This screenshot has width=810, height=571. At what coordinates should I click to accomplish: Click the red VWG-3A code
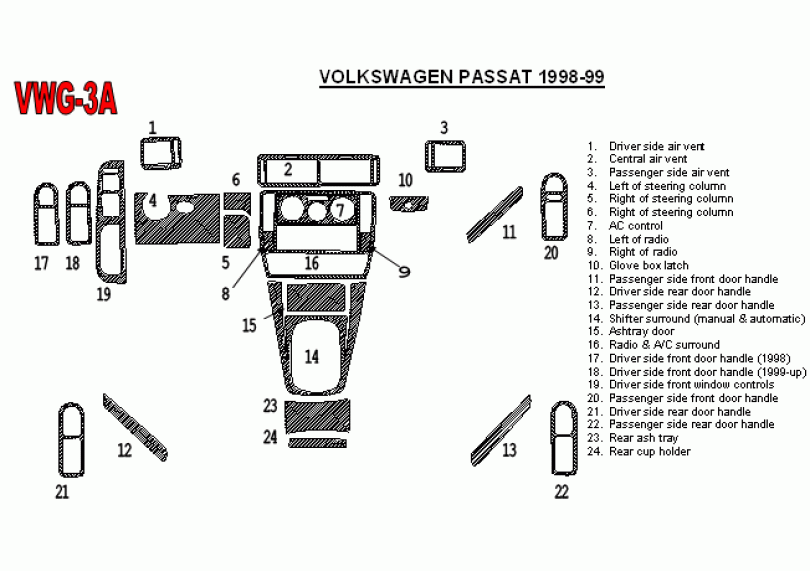coord(66,98)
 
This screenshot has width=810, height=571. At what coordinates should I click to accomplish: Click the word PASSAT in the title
coord(494,77)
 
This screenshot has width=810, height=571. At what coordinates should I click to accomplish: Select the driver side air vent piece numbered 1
coord(161,153)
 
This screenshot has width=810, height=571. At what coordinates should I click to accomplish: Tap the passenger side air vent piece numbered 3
coord(445,156)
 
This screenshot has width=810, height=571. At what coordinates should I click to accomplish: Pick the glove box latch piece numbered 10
coord(409,204)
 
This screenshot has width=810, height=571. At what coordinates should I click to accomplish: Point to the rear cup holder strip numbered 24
coord(317,443)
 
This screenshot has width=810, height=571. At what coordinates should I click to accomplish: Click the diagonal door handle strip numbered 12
coord(135,427)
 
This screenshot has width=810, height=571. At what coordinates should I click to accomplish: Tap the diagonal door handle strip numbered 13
coord(501,431)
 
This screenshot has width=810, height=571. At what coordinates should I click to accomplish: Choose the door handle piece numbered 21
coord(71,440)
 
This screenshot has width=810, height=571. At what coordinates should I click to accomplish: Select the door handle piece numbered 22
coord(564,438)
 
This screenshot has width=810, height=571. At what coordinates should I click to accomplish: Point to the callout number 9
coord(404,271)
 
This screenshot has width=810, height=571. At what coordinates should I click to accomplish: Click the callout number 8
coord(225,294)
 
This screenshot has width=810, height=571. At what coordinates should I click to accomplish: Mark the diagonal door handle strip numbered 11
coord(494,214)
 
